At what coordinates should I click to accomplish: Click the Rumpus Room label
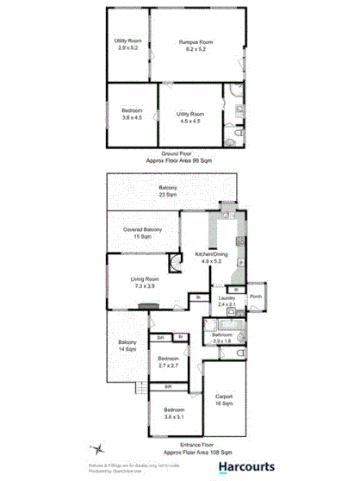tap(195, 46)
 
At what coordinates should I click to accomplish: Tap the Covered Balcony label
tap(143, 233)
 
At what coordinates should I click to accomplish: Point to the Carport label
tap(225, 400)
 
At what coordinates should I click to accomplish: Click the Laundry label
tap(227, 302)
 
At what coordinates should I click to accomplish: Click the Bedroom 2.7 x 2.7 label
tap(168, 362)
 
